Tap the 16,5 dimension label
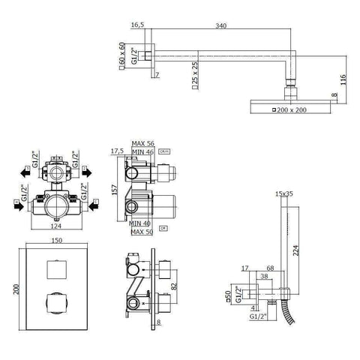137,24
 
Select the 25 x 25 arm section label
193,74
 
